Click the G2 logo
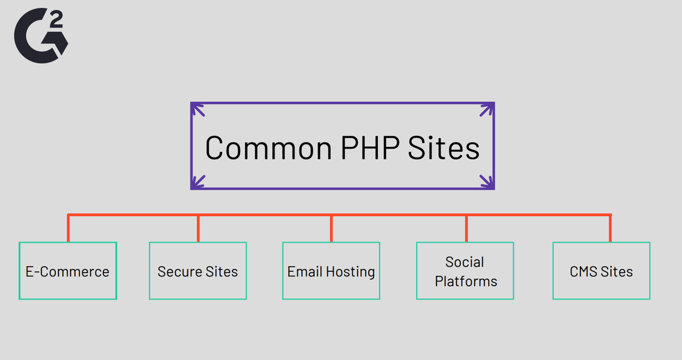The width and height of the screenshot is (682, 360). pos(40,35)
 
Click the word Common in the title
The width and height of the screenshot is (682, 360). pos(268,147)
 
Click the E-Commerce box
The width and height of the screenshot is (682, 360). pos(68,271)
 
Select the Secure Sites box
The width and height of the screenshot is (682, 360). pos(198,271)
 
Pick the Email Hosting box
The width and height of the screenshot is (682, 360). pos(331,271)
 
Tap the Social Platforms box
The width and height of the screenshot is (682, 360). pos(465,271)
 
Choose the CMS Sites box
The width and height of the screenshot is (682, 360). pos(601,271)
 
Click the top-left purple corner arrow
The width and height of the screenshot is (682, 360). pos(198,110)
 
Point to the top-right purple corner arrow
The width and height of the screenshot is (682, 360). pos(487,110)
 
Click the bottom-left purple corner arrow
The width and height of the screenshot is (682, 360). pos(198,182)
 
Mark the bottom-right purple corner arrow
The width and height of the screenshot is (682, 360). pos(487,182)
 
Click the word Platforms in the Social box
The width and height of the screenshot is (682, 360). pos(466,281)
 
